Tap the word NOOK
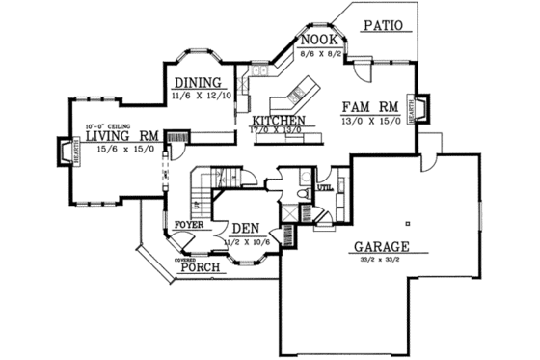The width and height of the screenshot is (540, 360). pyautogui.click(x=316, y=39)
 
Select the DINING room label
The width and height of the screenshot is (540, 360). pyautogui.click(x=197, y=83)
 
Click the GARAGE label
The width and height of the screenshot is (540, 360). pyautogui.click(x=382, y=245)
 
